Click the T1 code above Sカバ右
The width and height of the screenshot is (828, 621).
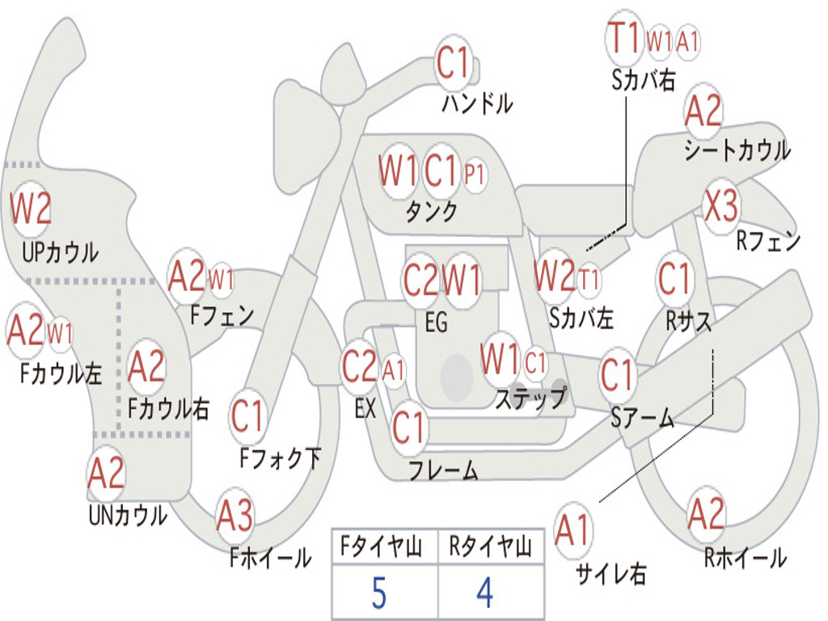[x=624, y=38]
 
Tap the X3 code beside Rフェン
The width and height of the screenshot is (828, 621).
[x=721, y=206]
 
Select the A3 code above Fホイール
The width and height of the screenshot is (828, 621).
[x=234, y=515]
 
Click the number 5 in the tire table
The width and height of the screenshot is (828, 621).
[x=379, y=593]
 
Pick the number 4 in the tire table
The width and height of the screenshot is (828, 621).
[x=485, y=593]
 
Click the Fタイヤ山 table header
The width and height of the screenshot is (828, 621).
[x=382, y=547]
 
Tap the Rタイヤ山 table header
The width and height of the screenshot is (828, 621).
[x=490, y=547]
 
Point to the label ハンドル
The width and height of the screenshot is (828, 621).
[x=477, y=103]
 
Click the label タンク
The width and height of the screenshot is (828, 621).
[x=432, y=211]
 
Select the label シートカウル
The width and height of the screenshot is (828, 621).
[x=737, y=150]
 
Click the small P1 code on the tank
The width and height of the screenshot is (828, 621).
[x=474, y=175]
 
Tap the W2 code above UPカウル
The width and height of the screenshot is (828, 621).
[x=31, y=209]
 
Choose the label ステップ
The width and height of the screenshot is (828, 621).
[x=531, y=397]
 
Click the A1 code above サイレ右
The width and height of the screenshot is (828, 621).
[x=572, y=530]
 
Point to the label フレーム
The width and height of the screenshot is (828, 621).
[x=444, y=470]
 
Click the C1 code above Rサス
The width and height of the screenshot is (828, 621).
[x=674, y=278]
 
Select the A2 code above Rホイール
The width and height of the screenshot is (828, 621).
[x=705, y=513]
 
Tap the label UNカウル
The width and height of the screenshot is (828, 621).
[x=128, y=515]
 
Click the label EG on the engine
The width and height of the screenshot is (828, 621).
[x=436, y=322]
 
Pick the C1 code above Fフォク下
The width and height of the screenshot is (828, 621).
[x=247, y=416]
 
